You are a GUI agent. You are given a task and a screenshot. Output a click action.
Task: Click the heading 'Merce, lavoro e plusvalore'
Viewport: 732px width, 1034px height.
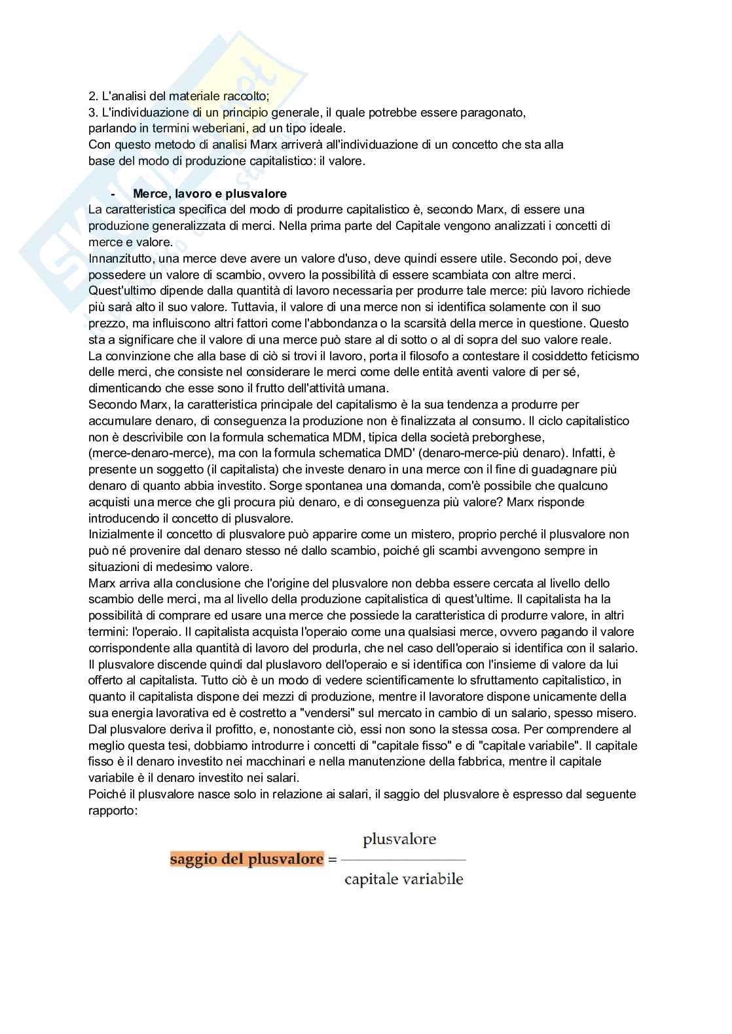[x=210, y=194]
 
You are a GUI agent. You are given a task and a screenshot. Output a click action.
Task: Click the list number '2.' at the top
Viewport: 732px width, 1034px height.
[x=93, y=96]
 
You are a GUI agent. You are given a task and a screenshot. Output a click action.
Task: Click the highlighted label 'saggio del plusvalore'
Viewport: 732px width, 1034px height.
[x=247, y=859]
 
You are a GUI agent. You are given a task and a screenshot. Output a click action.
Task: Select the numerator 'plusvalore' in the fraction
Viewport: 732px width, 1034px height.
[x=399, y=840]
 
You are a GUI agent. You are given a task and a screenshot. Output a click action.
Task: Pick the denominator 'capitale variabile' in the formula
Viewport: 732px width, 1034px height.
[x=404, y=879]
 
